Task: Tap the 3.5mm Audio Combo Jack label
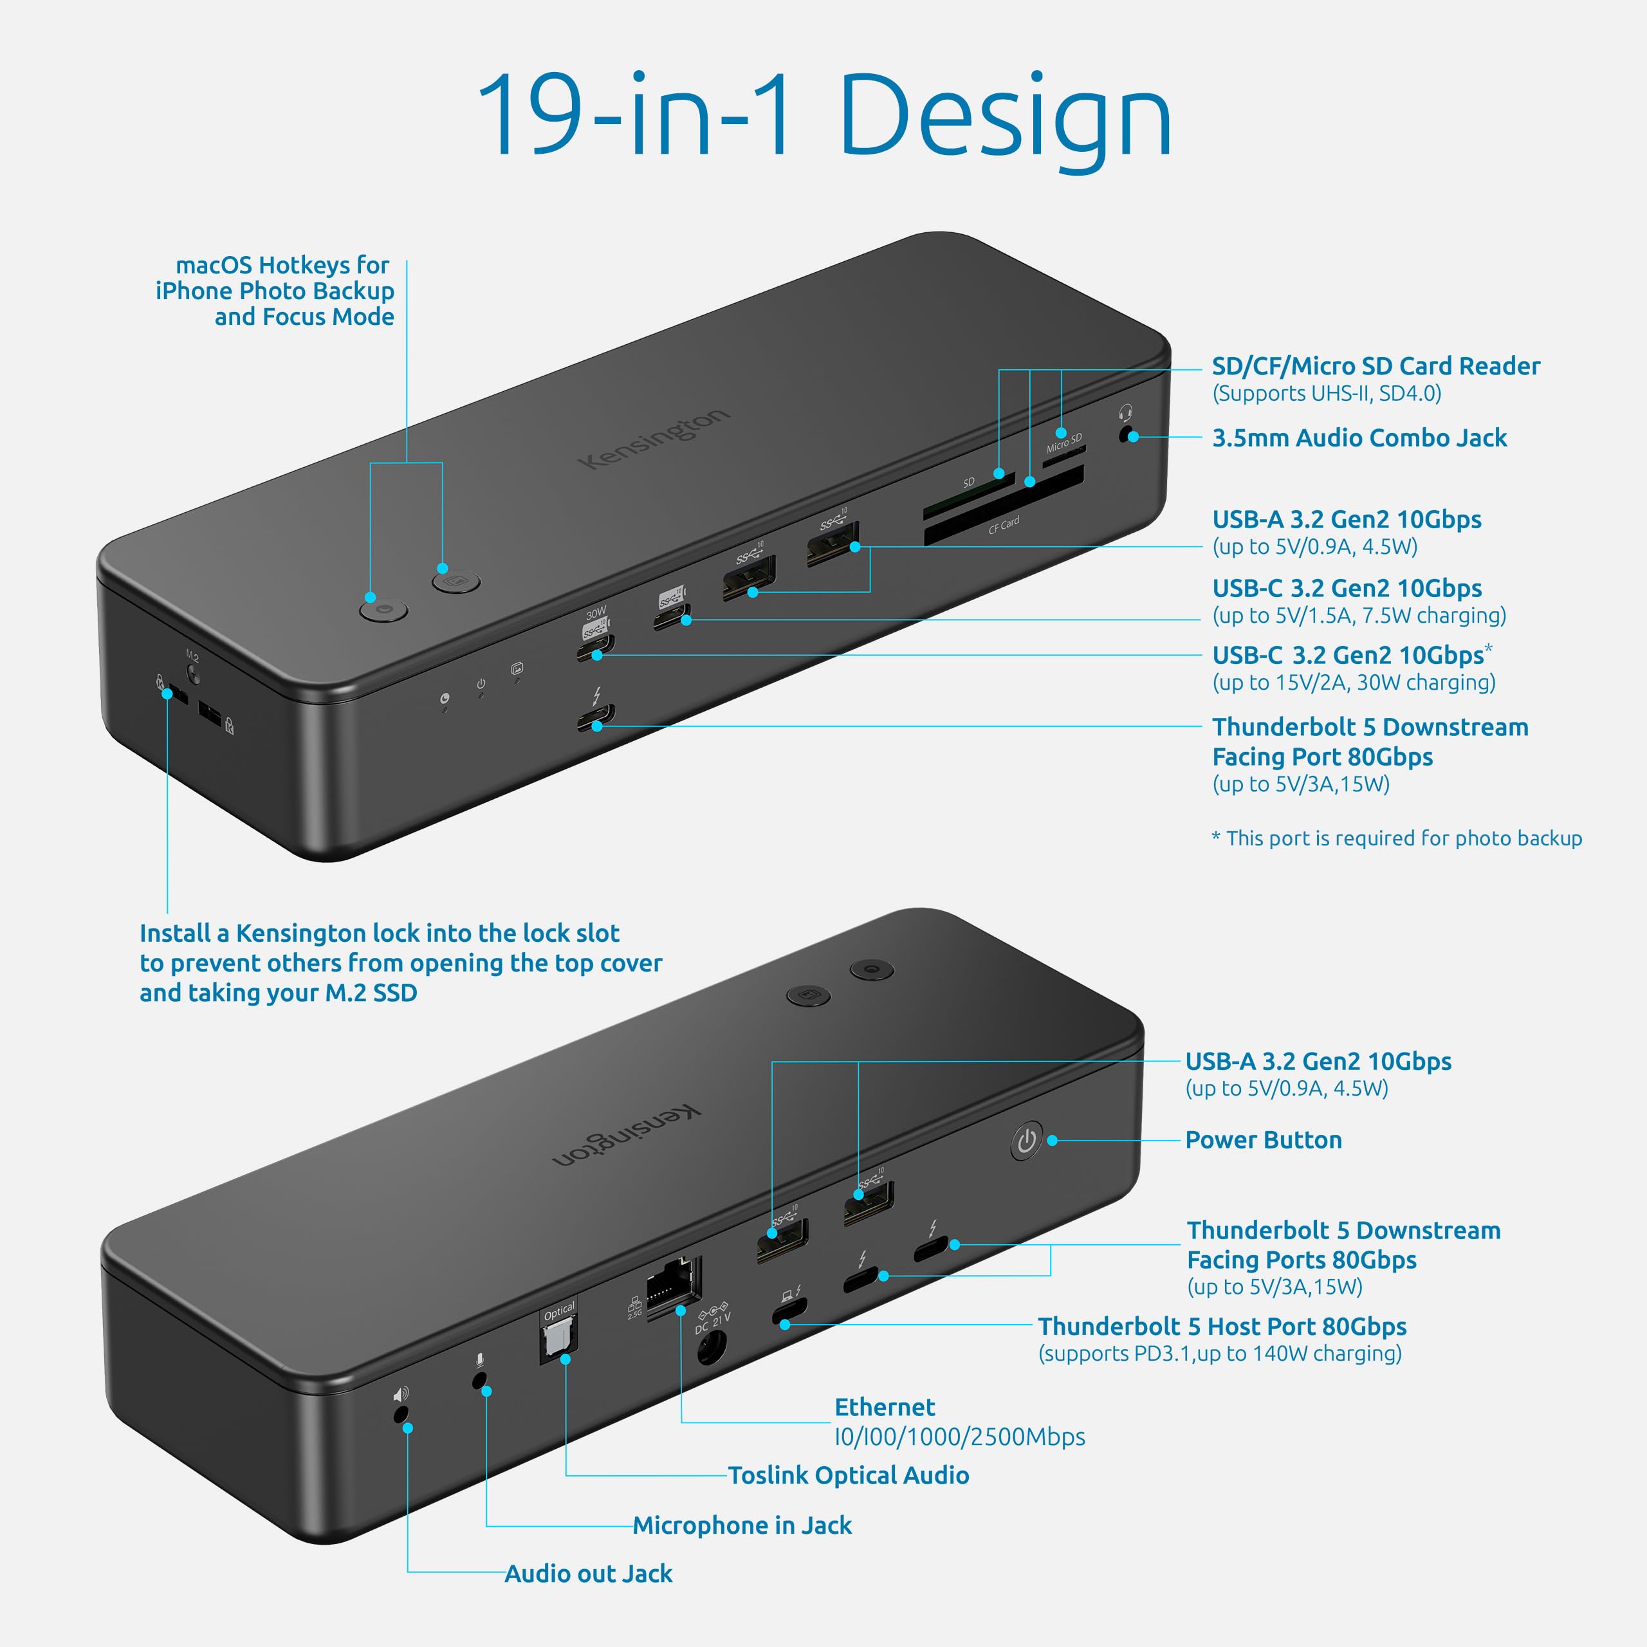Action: point(1359,438)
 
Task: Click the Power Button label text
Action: point(1264,1140)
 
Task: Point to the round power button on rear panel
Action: point(1026,1140)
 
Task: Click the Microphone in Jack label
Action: point(742,1525)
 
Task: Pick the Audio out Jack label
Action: point(588,1573)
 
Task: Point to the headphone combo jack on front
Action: point(1127,435)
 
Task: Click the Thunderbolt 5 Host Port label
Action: point(1222,1327)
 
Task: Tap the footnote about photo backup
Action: point(1396,838)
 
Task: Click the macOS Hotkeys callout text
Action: point(275,291)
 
